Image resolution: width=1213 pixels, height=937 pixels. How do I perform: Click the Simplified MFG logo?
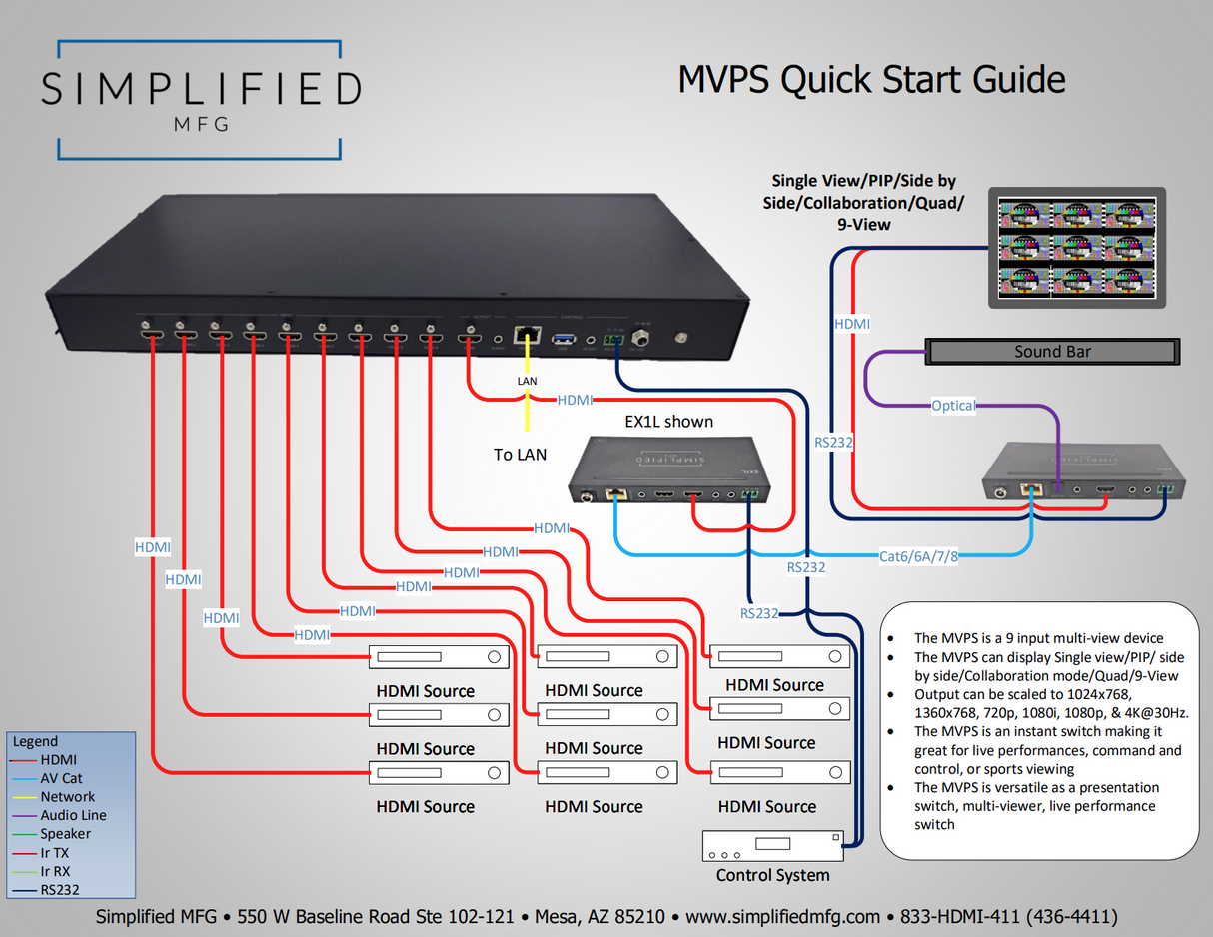200,100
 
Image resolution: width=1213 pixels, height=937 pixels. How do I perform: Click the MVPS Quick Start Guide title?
871,79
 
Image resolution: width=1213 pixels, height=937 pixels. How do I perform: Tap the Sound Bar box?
1052,352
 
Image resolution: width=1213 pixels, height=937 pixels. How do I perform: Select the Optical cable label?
953,406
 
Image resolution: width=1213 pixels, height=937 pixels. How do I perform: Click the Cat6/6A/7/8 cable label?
918,556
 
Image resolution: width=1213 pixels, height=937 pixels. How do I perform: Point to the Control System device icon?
772,846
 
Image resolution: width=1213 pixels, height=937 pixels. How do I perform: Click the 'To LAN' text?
520,455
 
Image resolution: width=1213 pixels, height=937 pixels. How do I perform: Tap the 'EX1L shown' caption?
668,421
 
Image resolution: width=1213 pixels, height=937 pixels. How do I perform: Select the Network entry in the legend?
67,797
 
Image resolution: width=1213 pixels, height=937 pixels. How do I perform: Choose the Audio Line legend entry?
73,815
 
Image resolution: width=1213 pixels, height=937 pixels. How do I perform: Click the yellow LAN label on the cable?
527,382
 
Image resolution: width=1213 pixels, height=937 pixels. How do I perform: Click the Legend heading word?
36,741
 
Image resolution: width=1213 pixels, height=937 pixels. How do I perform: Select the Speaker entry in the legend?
65,834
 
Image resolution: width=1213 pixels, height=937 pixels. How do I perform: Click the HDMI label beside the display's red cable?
851,324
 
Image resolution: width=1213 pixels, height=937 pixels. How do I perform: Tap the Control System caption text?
772,876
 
